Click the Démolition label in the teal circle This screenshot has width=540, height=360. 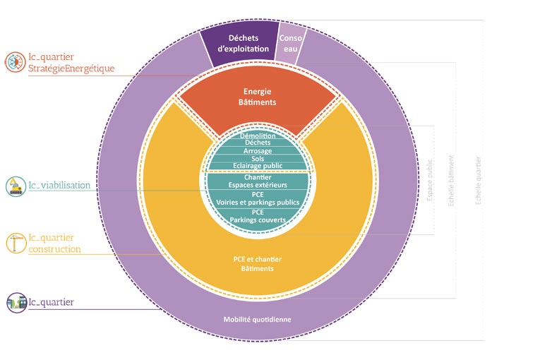click(258, 136)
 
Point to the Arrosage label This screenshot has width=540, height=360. click(258, 151)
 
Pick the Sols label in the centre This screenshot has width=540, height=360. click(258, 159)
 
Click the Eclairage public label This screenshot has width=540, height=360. click(258, 167)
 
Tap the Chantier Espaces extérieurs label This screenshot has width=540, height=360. click(258, 181)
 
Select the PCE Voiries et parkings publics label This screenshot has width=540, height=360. click(258, 198)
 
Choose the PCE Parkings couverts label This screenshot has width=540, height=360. click(258, 216)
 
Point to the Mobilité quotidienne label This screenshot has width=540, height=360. click(258, 319)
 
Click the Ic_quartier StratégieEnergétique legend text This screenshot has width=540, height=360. click(70, 62)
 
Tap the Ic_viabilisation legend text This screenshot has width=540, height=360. click(59, 186)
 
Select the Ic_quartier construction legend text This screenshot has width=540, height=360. click(54, 244)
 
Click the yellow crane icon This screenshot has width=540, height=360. click(15, 243)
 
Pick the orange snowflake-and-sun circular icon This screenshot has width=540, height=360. click(15, 62)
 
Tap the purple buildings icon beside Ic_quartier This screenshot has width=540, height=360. click(15, 303)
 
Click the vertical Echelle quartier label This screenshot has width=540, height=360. click(479, 181)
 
